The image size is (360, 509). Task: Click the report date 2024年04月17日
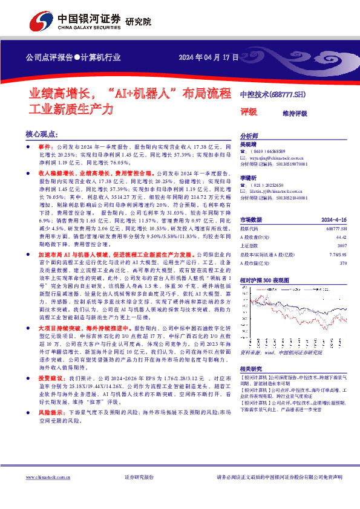coord(206,57)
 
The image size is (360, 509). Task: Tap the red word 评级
coord(249,112)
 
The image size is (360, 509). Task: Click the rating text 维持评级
coord(295,113)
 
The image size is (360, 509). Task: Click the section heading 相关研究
coord(252,368)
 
